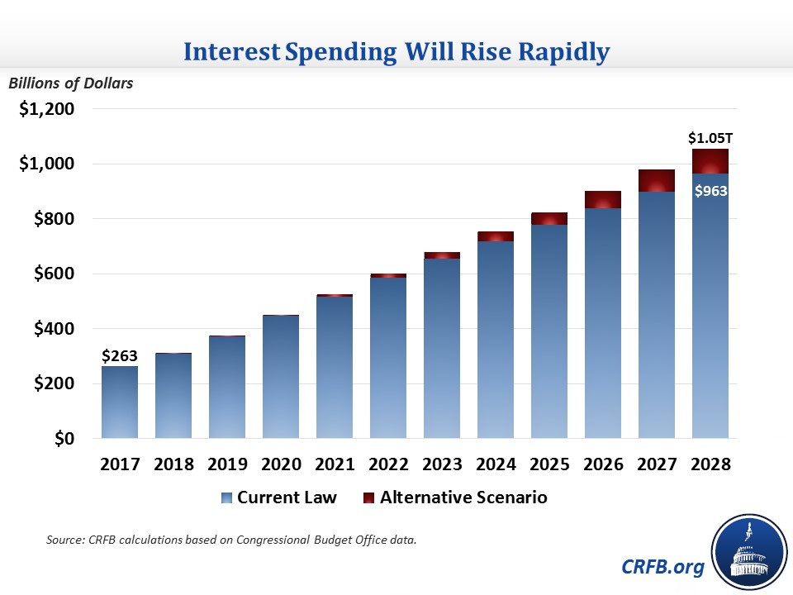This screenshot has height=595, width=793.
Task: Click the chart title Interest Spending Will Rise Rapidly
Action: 396,52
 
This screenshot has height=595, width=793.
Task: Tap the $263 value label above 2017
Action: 119,356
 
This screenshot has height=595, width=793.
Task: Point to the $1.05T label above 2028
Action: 710,136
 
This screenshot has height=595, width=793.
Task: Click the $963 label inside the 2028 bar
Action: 710,192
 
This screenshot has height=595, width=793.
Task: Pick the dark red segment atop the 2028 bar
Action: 710,161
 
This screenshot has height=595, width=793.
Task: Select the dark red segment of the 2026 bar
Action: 602,200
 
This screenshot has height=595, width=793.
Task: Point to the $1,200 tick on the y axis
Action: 47,109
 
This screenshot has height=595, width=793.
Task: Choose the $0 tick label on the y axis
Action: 64,438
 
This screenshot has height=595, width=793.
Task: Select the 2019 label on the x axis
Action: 226,464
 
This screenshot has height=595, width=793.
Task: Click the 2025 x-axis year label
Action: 548,464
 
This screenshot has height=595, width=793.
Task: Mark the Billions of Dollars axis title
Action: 70,83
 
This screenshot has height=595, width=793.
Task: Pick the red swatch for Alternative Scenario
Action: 368,497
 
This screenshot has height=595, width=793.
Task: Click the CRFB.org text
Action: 663,567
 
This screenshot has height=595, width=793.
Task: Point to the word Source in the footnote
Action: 64,540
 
